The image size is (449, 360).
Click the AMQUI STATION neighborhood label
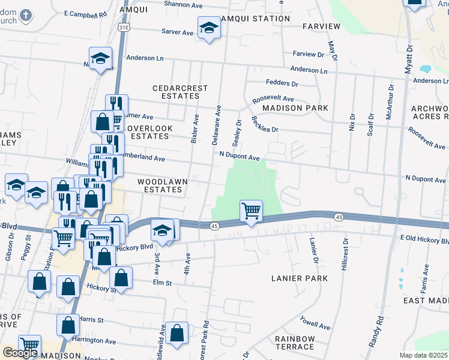point(255,19)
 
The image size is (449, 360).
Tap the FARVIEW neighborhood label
point(321,26)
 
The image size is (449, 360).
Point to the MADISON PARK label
point(295,108)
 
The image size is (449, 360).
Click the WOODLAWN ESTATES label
point(160,185)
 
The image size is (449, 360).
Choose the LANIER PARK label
point(300,278)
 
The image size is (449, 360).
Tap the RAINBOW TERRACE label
point(295,343)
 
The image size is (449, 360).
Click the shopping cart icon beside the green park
point(251,211)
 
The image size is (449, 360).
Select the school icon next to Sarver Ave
point(208,28)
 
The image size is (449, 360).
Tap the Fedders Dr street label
point(282,83)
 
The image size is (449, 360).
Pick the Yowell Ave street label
point(315,323)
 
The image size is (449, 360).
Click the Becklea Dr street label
point(265,124)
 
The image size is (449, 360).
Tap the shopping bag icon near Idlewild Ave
point(177,333)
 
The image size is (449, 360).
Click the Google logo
point(20,353)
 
